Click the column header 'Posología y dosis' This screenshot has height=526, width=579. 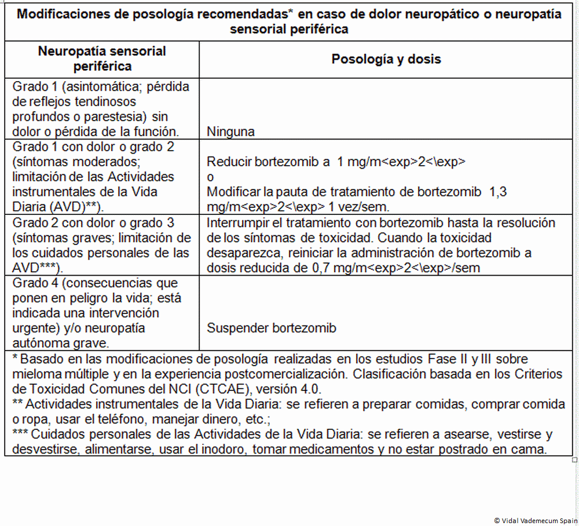point(386,59)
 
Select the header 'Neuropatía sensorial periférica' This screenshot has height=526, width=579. point(102,59)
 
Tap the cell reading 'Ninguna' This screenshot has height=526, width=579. point(230,131)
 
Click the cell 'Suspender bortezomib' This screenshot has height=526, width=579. point(272,328)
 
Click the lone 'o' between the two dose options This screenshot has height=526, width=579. point(210,177)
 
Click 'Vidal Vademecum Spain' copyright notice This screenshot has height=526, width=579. point(535,521)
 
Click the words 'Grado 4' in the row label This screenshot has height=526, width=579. point(33,283)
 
